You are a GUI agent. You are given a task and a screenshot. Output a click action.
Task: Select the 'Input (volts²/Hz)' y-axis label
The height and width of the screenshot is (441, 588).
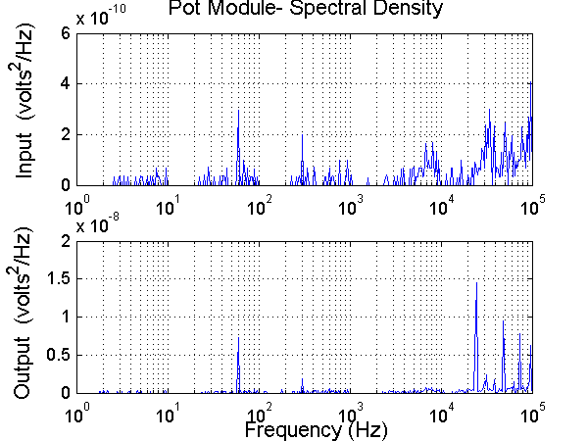point(30,109)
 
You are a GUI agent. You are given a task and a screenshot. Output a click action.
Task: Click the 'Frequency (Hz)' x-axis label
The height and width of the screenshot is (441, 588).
point(316,429)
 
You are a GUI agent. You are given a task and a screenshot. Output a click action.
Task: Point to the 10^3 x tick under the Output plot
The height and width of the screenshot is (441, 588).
point(351,413)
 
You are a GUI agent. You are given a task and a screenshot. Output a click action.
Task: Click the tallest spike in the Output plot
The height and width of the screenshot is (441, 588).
point(476,284)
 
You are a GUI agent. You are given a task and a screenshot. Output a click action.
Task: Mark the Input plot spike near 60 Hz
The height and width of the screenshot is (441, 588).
point(238,111)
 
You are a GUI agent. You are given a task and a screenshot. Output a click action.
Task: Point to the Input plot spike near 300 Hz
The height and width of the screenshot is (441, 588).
point(302,134)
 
